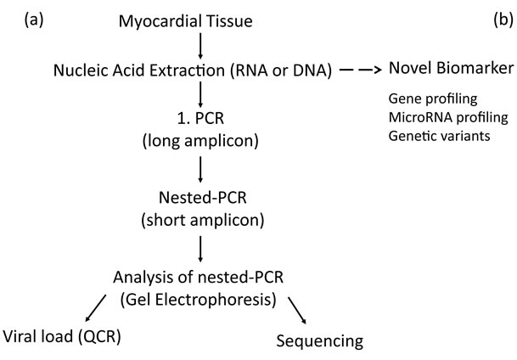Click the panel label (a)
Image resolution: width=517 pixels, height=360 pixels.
(x=34, y=20)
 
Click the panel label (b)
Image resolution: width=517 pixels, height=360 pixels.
(x=503, y=20)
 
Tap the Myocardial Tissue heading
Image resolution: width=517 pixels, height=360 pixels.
(x=186, y=21)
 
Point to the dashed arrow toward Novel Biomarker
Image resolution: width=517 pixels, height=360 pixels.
(x=361, y=70)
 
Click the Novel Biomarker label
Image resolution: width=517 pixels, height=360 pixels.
(x=451, y=68)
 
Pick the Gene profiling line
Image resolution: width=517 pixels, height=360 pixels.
(x=433, y=98)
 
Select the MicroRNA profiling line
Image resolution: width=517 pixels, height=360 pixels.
(x=448, y=117)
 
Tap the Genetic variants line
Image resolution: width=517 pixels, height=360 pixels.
(x=440, y=136)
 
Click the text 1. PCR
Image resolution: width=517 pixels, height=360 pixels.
(x=200, y=118)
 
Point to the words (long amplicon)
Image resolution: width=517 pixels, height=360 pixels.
(x=200, y=141)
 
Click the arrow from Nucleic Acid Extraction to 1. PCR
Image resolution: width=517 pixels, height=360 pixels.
(x=199, y=94)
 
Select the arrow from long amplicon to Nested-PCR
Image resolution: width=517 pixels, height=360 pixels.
(x=199, y=169)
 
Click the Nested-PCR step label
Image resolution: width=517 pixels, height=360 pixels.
(x=202, y=198)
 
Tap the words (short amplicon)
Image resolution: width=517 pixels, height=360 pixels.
(x=202, y=220)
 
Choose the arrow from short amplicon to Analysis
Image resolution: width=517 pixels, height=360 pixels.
(x=199, y=249)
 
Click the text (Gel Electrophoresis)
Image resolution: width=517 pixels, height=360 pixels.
(x=198, y=300)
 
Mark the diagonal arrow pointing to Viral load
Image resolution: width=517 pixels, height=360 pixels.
(x=96, y=308)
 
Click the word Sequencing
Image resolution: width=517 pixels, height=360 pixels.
(x=320, y=341)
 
